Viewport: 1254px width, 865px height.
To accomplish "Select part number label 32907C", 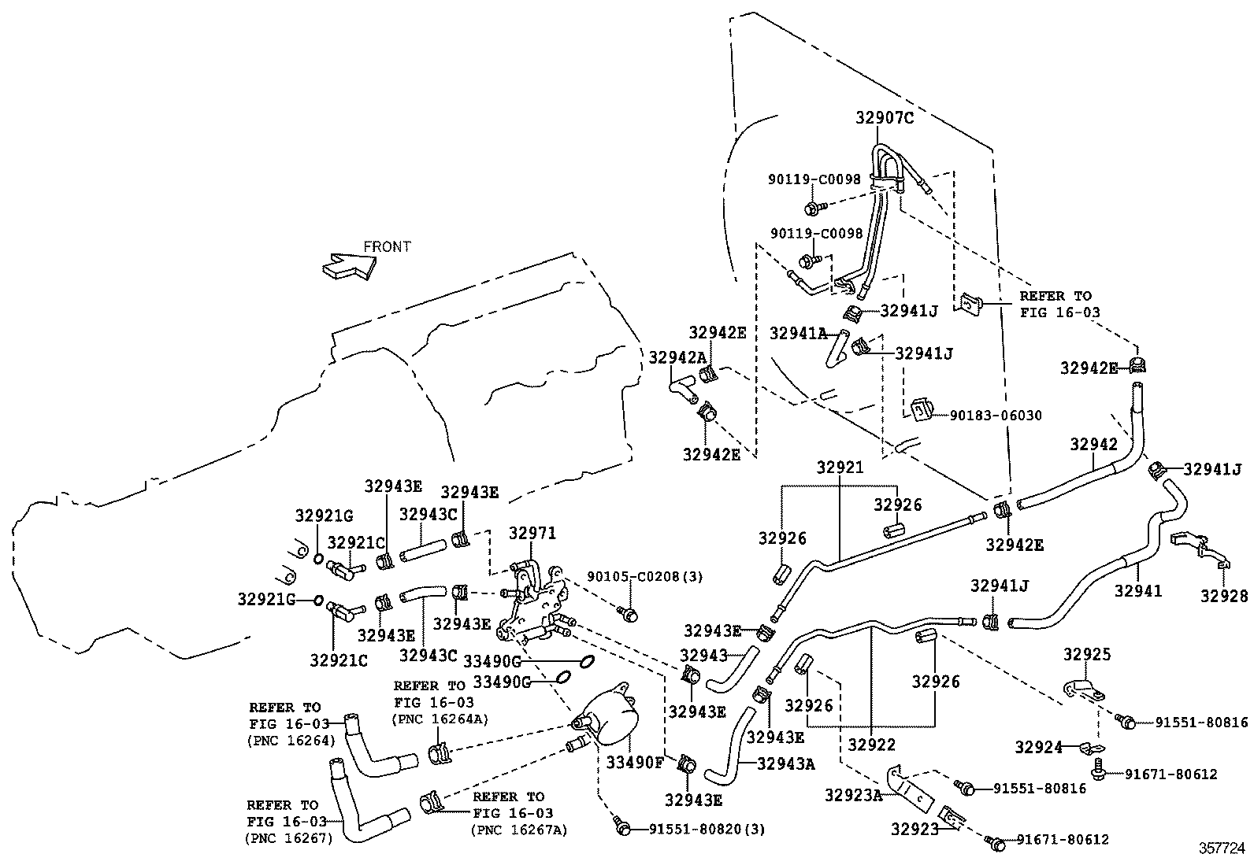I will [x=885, y=119].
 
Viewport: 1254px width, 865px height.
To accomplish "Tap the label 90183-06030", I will [x=996, y=415].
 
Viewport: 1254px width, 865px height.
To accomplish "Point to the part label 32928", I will [x=1224, y=596].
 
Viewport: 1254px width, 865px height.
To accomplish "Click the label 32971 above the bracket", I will [x=532, y=533].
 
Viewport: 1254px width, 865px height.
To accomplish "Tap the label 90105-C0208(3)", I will [x=644, y=576].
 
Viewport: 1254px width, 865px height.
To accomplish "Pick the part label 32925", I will [x=1087, y=654].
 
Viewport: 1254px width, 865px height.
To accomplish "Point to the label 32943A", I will [x=786, y=763].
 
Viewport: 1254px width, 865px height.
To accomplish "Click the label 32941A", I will [x=798, y=333].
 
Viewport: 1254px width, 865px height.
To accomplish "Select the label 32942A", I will [x=677, y=357].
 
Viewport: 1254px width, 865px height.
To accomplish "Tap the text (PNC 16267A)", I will [x=519, y=829].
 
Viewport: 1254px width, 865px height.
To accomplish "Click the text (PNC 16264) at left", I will [x=291, y=741].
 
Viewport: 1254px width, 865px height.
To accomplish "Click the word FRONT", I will [x=387, y=246].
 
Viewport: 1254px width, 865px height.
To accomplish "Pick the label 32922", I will [x=872, y=744].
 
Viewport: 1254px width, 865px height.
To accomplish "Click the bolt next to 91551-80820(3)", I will [x=622, y=826].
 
